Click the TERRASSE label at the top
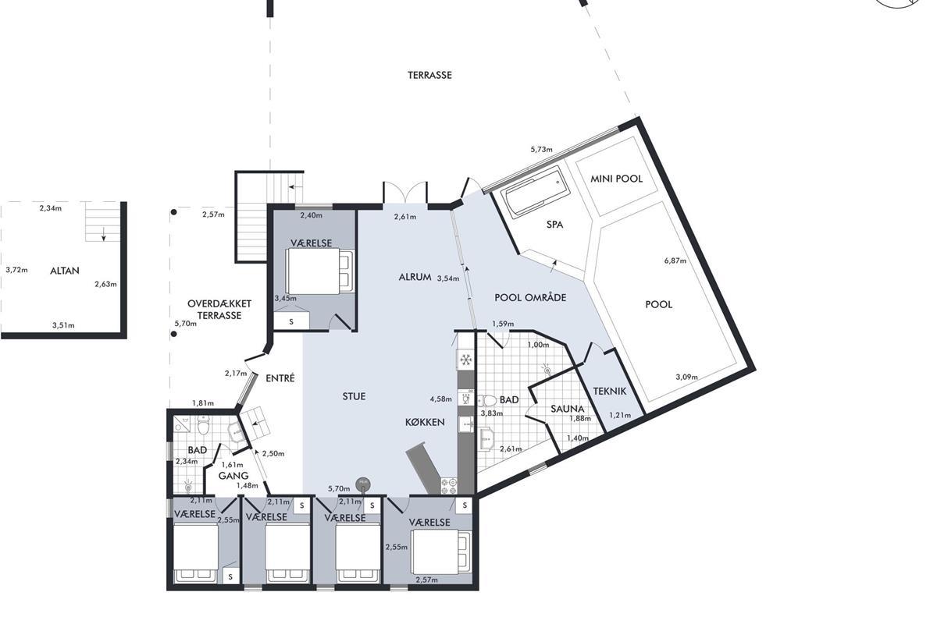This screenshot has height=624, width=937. click(x=429, y=75)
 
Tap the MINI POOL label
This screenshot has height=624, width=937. click(x=616, y=179)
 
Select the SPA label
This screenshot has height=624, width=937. click(x=554, y=225)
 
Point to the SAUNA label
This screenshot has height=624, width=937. click(x=567, y=409)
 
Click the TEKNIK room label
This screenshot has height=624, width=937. click(x=610, y=392)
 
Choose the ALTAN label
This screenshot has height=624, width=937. click(x=64, y=271)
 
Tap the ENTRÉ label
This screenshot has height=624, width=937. click(x=280, y=378)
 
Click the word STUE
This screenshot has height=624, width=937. click(x=354, y=396)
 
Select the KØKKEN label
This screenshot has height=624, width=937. click(x=425, y=422)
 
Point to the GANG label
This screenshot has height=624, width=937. click(x=233, y=476)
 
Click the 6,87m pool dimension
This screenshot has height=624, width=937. click(x=675, y=261)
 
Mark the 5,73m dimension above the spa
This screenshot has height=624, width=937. click(x=541, y=149)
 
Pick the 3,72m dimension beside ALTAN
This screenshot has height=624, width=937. click(x=16, y=270)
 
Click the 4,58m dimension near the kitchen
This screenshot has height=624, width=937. click(x=441, y=399)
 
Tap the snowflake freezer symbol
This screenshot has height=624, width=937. click(x=465, y=360)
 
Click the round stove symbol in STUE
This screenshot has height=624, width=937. click(x=362, y=484)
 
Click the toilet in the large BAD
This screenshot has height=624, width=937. click(x=486, y=401)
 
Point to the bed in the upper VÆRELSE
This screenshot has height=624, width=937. click(x=320, y=271)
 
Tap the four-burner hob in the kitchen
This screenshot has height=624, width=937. click(x=448, y=486)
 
